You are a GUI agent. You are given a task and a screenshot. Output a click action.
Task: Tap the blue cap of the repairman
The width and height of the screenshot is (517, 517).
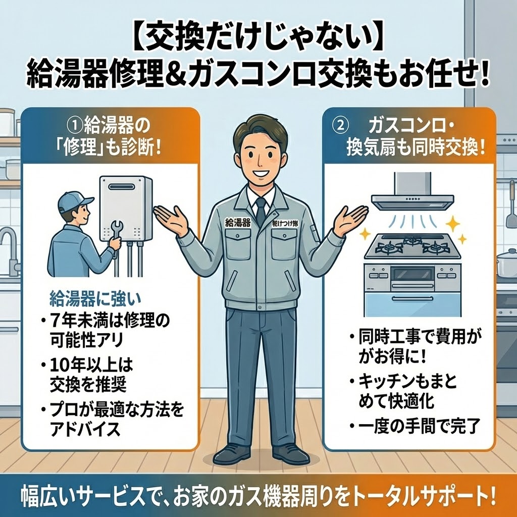[75, 201]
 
